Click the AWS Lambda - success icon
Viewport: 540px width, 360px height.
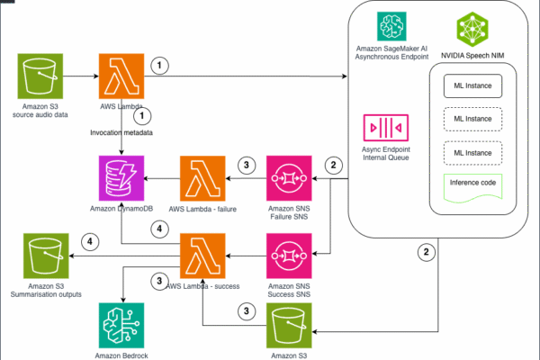202,257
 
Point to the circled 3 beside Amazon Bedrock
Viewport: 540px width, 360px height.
161,281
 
